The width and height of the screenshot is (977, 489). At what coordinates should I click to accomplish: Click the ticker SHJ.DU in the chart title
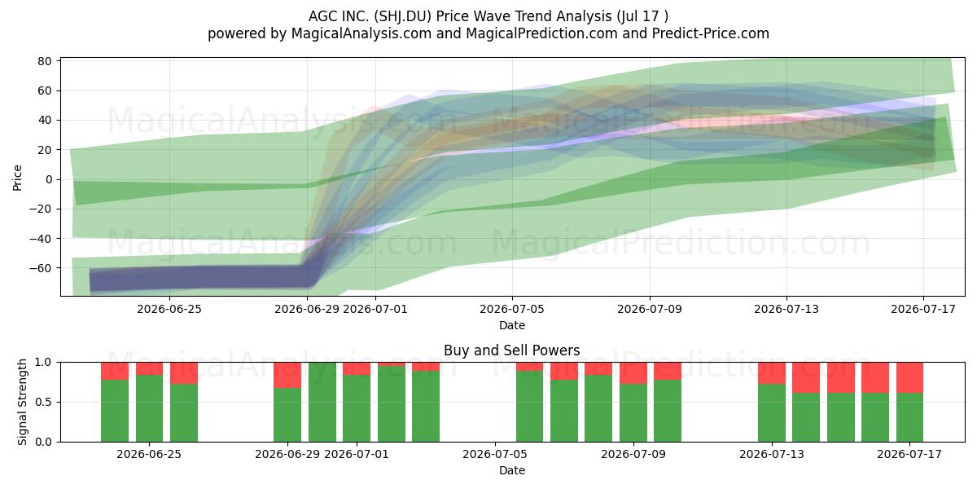click(402, 16)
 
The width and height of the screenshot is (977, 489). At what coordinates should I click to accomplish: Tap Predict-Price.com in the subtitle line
click(711, 33)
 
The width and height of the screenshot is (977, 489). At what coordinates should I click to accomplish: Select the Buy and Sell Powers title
click(511, 350)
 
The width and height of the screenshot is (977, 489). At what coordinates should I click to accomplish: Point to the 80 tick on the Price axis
click(45, 61)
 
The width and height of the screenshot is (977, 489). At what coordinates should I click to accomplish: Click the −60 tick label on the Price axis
click(41, 268)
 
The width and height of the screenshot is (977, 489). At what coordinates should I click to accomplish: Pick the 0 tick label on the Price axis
click(48, 179)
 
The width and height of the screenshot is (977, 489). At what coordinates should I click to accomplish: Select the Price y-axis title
click(17, 178)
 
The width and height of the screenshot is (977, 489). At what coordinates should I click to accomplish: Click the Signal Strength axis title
click(22, 402)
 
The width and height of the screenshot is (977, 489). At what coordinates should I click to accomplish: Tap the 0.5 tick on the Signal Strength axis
click(44, 402)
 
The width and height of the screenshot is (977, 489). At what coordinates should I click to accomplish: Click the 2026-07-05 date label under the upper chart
click(512, 309)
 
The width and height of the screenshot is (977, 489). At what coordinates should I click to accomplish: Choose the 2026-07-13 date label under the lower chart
click(772, 454)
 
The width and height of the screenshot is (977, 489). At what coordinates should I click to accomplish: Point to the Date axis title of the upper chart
click(512, 325)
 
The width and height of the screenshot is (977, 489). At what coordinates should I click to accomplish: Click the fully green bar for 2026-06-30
click(322, 402)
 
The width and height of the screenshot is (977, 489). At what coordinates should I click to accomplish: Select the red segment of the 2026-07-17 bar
click(910, 377)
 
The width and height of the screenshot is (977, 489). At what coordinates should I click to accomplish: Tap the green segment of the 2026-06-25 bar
click(149, 408)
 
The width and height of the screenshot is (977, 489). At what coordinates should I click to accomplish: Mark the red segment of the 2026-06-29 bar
click(287, 375)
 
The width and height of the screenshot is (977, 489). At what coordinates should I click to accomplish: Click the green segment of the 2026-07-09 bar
click(633, 413)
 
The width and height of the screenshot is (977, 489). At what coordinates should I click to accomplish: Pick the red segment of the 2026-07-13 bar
click(772, 373)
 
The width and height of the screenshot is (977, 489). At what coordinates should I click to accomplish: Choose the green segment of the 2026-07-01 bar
click(357, 408)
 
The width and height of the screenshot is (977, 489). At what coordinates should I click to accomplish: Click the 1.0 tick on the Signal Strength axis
click(44, 363)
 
